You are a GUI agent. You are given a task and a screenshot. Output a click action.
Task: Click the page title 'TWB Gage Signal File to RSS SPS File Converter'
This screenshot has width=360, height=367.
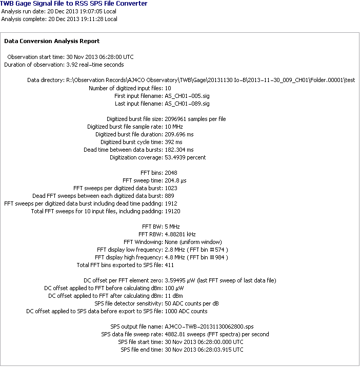click(74, 4)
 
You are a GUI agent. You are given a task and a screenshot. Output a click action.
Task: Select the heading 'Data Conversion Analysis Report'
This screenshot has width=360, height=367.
click(52, 41)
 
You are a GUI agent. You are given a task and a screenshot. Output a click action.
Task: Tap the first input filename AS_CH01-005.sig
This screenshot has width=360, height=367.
click(187, 96)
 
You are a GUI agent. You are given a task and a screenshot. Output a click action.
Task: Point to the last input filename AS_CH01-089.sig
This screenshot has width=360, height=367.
click(187, 104)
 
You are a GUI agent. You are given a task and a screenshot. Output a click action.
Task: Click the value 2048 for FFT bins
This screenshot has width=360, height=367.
click(171, 172)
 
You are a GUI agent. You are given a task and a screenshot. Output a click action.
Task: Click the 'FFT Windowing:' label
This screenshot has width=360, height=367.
click(143, 242)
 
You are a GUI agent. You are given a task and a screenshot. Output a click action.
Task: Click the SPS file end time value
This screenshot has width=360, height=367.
click(204, 350)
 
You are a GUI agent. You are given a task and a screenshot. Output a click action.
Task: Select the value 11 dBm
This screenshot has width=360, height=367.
click(173, 296)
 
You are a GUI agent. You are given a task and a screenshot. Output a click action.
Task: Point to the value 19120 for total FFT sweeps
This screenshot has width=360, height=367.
click(172, 211)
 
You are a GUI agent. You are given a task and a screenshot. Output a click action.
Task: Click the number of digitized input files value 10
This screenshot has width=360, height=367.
click(168, 88)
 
